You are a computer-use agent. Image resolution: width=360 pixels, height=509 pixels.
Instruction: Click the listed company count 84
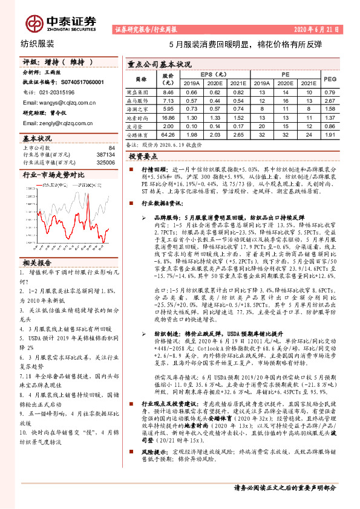pos(111,148)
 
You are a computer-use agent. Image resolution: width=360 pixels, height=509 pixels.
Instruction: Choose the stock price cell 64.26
pos(168,135)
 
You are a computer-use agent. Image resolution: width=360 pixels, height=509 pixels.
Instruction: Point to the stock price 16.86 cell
pos(168,117)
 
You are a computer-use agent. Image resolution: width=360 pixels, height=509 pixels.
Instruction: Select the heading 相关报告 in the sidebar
pos(38,263)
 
